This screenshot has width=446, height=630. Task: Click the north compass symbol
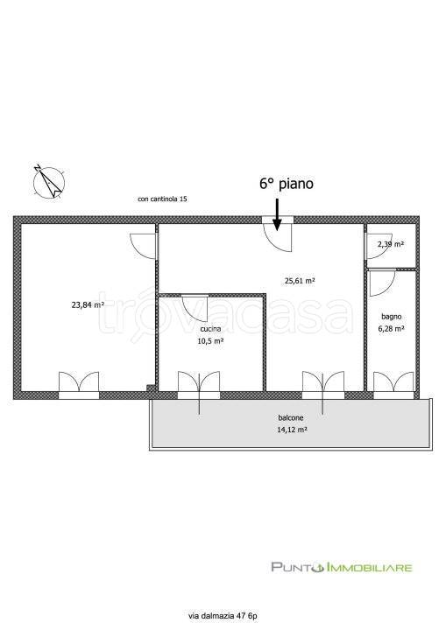[x=50, y=182]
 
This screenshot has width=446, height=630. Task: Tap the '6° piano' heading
[x=287, y=184]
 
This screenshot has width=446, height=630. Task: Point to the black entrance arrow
[x=277, y=214]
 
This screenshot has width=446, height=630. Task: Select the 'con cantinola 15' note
[x=162, y=199]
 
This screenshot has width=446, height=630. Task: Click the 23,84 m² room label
[x=88, y=305]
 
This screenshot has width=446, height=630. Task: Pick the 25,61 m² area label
[x=300, y=281]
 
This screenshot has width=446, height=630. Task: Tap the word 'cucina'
[x=210, y=329]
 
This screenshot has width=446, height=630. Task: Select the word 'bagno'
[x=392, y=317]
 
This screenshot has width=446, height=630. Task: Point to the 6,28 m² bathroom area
[x=391, y=329]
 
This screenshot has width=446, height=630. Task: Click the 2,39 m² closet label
[x=391, y=244]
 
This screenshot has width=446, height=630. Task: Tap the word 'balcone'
[x=291, y=418]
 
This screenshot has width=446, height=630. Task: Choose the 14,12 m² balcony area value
[x=293, y=430]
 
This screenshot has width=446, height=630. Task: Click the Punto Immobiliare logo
[x=342, y=567]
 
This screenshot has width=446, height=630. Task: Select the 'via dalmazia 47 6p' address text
[x=223, y=615]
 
